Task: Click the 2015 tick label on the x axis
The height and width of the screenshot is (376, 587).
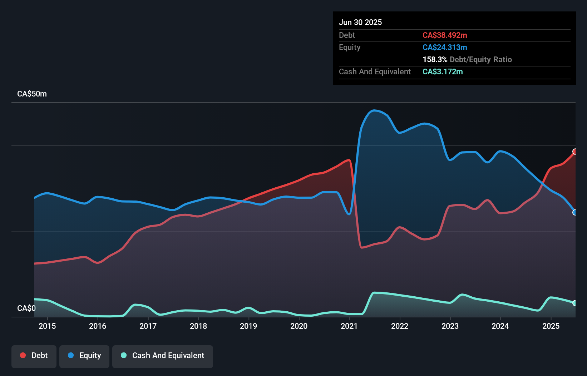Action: [47, 326]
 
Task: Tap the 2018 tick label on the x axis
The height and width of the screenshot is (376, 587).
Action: [198, 326]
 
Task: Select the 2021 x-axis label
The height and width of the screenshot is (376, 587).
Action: [349, 326]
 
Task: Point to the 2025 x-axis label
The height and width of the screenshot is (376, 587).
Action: [551, 326]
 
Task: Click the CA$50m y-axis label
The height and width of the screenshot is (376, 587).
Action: [32, 94]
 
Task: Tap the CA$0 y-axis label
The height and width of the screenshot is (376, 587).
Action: [26, 308]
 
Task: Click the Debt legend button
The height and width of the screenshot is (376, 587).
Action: [34, 356]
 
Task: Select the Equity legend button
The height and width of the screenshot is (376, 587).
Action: [84, 356]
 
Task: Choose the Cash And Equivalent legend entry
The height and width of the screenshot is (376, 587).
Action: [163, 356]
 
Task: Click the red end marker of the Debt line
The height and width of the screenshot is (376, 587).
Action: [575, 152]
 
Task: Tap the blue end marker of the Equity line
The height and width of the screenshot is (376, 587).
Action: [575, 212]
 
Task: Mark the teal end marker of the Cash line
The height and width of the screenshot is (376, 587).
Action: [575, 303]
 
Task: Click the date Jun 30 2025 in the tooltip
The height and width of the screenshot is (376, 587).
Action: [360, 22]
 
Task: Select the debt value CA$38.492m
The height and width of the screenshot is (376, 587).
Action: [445, 35]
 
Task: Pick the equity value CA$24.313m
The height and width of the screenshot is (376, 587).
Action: [445, 47]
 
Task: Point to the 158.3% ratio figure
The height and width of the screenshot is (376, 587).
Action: [435, 59]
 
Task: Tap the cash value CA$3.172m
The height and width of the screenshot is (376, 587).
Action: [443, 71]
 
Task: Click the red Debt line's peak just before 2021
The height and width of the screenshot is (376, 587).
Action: [349, 160]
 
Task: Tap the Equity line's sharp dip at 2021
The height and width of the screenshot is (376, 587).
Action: [350, 214]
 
